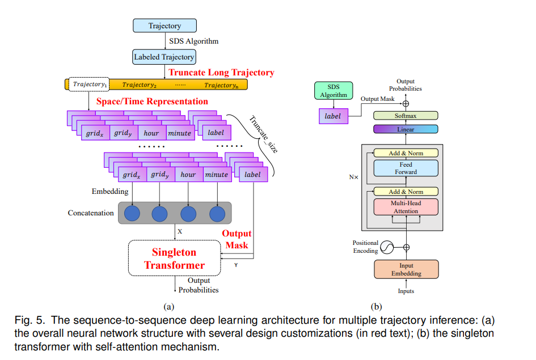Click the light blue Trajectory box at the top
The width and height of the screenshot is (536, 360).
(x=164, y=26)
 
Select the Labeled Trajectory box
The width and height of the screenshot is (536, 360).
(x=164, y=57)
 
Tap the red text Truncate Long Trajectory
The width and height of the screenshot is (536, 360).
(x=221, y=73)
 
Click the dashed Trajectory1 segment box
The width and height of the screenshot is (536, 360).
(x=89, y=85)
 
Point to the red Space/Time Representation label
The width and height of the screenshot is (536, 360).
(x=152, y=101)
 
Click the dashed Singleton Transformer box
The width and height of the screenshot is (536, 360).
(x=174, y=259)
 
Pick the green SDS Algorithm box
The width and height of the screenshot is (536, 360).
(x=334, y=91)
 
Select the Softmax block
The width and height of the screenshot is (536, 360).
(x=406, y=116)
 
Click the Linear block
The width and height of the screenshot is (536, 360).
(x=406, y=129)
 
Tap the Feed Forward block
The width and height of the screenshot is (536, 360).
(x=406, y=168)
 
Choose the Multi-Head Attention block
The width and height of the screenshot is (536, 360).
(x=406, y=207)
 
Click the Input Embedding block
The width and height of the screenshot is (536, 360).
(x=406, y=269)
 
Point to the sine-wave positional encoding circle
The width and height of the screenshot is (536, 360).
(x=387, y=247)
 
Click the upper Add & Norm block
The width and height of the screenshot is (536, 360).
(x=406, y=153)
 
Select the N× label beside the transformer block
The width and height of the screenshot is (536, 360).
(x=353, y=177)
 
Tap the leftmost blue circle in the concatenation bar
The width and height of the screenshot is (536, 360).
(x=132, y=214)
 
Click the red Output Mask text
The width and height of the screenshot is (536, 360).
(x=237, y=239)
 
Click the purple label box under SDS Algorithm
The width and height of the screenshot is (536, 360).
(x=334, y=116)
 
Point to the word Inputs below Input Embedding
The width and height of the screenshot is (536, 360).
(x=406, y=291)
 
